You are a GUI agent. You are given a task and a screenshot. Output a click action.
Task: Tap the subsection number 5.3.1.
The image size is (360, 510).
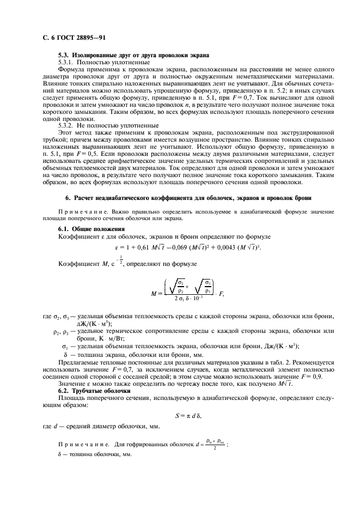68,63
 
